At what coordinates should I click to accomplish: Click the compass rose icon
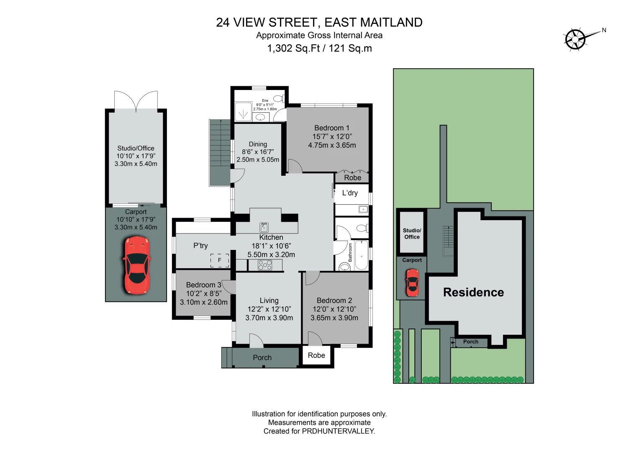tap(576, 39)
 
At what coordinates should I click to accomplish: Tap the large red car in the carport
tap(136, 265)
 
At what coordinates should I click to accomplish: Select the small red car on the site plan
tap(412, 283)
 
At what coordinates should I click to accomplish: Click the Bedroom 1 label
tap(331, 128)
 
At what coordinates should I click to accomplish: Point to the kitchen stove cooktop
tap(265, 265)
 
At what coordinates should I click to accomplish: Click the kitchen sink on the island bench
tap(264, 227)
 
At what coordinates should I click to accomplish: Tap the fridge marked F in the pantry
tap(219, 260)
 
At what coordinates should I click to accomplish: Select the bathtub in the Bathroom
tap(361, 255)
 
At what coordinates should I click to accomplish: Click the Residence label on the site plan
tap(473, 292)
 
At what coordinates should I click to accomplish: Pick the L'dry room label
tap(350, 193)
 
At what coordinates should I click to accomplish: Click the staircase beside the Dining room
tap(220, 152)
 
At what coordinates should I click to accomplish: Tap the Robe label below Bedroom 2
tap(316, 355)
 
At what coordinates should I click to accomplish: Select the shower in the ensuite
tap(243, 112)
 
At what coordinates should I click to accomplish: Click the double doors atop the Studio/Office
tap(136, 101)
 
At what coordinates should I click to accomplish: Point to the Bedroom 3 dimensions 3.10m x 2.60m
tap(204, 302)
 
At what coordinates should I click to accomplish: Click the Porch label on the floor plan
tap(262, 358)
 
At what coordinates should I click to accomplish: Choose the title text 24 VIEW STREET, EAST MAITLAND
tap(319, 22)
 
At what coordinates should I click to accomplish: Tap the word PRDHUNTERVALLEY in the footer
tap(338, 431)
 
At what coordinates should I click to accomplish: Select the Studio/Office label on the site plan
tap(412, 234)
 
